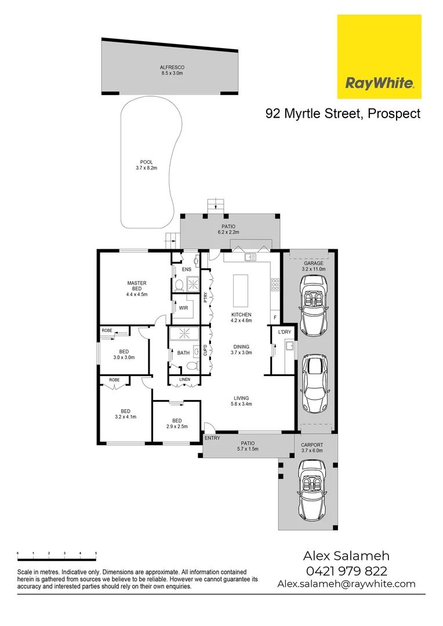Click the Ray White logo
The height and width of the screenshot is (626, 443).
(x=379, y=57)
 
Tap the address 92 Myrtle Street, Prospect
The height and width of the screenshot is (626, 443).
(x=343, y=114)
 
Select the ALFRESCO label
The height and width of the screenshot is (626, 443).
(x=172, y=71)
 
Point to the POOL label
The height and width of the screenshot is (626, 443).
(x=146, y=165)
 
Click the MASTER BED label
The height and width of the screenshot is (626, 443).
(x=137, y=289)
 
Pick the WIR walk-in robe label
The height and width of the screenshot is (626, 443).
(x=183, y=308)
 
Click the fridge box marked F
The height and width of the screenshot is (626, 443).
(x=275, y=318)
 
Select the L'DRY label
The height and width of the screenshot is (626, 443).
(x=284, y=332)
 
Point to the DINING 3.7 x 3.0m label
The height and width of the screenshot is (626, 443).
(x=241, y=349)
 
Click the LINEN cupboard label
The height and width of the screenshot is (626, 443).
(x=184, y=380)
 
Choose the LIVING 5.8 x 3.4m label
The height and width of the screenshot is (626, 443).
(x=241, y=402)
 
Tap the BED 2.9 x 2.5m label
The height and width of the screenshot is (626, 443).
(x=177, y=424)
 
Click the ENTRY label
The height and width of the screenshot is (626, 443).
(x=212, y=438)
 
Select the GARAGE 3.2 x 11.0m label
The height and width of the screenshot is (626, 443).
(x=314, y=266)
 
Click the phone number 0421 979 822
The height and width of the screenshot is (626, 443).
(x=346, y=571)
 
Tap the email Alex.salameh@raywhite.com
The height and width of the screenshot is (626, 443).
(x=346, y=584)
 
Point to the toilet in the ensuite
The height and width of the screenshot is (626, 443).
(x=180, y=285)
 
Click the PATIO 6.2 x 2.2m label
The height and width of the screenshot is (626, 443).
(x=230, y=230)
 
